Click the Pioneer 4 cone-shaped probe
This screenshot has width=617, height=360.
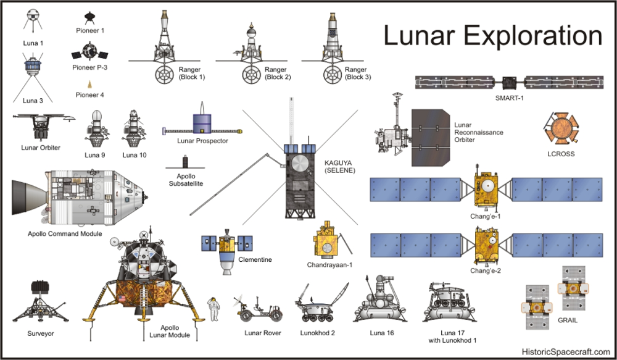pyautogui.click(x=89, y=85)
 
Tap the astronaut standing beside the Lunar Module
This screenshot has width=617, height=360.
pyautogui.click(x=213, y=309)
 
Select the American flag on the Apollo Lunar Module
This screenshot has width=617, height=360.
pyautogui.click(x=122, y=298)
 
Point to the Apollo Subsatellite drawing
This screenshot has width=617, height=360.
pyautogui.click(x=185, y=162)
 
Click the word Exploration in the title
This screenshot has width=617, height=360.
pyautogui.click(x=533, y=35)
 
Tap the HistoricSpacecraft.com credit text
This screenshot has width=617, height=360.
pyautogui.click(x=566, y=351)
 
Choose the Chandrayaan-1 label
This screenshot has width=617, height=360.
pyautogui.click(x=329, y=265)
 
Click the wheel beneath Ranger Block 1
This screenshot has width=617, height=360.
pyautogui.click(x=164, y=75)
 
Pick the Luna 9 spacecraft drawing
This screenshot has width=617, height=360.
pyautogui.click(x=96, y=129)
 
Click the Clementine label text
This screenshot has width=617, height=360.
pyautogui.click(x=255, y=259)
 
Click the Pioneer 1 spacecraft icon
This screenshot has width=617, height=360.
pyautogui.click(x=89, y=18)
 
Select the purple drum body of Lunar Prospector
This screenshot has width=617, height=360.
pyautogui.click(x=202, y=124)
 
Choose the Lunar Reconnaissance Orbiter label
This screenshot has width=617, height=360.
pyautogui.click(x=479, y=132)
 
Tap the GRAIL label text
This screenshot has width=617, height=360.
pyautogui.click(x=568, y=320)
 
